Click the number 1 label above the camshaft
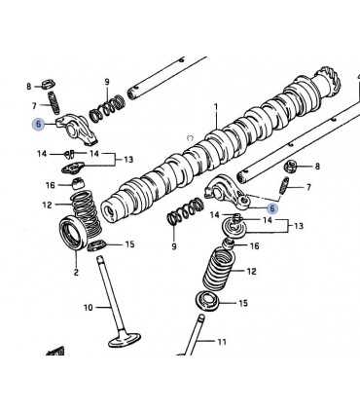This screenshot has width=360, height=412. [x=216, y=107]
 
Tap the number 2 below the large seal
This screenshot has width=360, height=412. [x=76, y=272]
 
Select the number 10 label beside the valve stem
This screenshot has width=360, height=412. [x=89, y=307]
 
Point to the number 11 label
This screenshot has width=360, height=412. [x=222, y=342]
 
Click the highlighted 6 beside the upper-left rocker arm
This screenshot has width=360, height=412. [x=39, y=124]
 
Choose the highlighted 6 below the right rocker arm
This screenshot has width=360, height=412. [x=272, y=208]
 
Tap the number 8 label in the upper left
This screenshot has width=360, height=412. [x=29, y=87]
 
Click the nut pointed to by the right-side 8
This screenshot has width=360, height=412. [x=290, y=167]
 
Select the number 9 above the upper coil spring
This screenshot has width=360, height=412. [x=107, y=82]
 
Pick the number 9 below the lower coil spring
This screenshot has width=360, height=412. [x=174, y=246]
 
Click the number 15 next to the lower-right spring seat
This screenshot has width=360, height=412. [x=243, y=303]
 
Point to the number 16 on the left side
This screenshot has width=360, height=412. [x=51, y=185]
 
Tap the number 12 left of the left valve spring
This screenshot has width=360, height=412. [x=47, y=205]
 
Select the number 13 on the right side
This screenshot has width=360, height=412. [x=299, y=226]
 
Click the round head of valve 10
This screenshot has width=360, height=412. [x=125, y=340]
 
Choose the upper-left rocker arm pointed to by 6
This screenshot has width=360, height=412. [x=77, y=129]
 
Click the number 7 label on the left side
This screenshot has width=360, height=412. [x=34, y=105]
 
